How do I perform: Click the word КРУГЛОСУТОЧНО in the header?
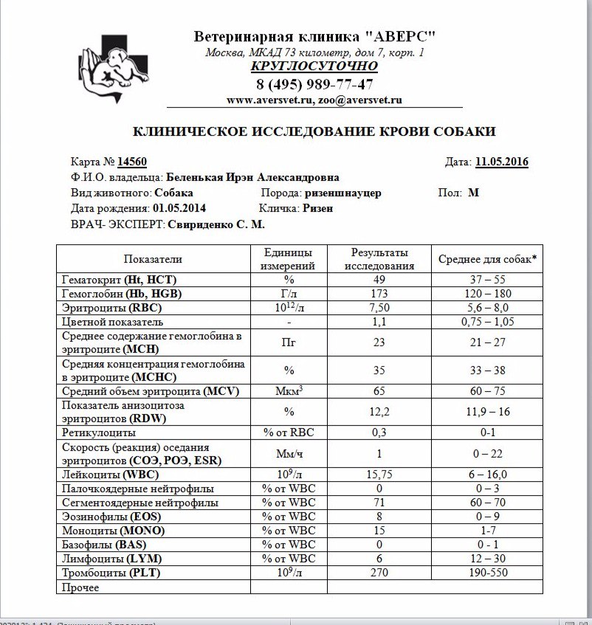314,66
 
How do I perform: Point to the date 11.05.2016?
501,162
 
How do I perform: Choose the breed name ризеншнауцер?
342,193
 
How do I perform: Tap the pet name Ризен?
317,208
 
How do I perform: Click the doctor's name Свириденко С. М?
216,224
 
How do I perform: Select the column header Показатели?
153,259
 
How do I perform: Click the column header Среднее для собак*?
487,259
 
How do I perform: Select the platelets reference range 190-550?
487,572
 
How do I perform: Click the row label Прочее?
80,587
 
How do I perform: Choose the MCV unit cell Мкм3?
289,390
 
